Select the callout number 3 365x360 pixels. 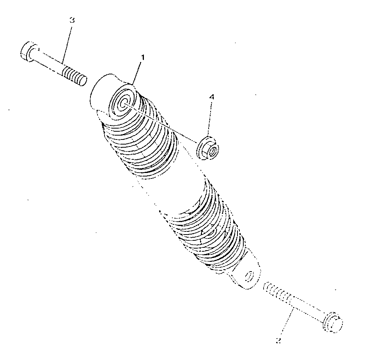tap(72, 20)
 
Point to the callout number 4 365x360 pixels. tap(211, 97)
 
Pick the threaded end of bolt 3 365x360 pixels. tap(74, 76)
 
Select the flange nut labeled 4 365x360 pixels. tap(207, 148)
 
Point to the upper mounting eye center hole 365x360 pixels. tap(123, 103)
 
